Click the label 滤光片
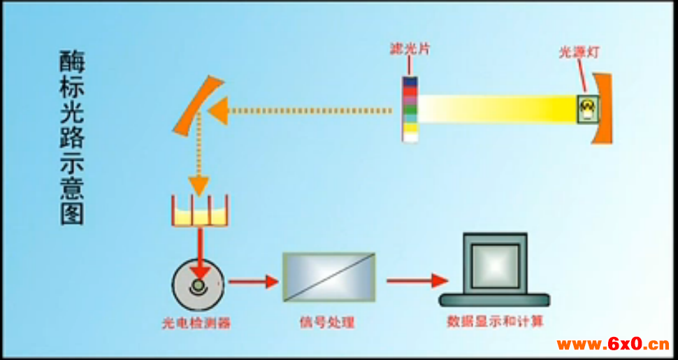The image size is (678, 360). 410,50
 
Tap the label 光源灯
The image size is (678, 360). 579,52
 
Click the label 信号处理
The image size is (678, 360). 327,322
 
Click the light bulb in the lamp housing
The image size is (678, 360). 588,108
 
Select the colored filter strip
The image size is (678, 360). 410,108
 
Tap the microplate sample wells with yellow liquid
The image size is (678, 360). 201,213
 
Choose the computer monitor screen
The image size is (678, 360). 495,264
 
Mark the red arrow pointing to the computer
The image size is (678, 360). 417,280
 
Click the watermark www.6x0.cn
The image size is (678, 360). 612,344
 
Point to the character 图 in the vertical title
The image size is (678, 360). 71,212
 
